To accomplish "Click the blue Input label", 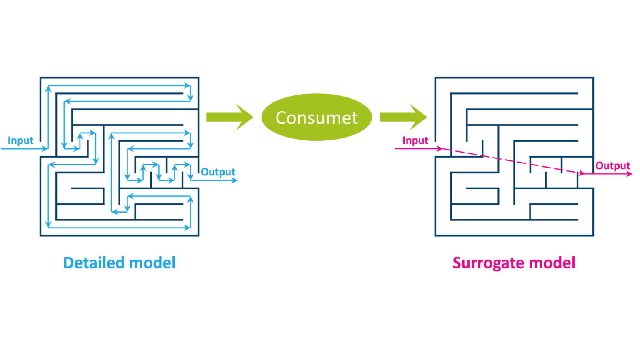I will (x=20, y=140).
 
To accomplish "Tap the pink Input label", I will (x=415, y=140).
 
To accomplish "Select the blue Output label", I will (x=218, y=172).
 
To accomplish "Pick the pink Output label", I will (x=612, y=165).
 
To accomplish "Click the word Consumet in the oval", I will (x=317, y=118).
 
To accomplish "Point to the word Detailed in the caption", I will (x=94, y=263).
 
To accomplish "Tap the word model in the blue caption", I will (x=152, y=263).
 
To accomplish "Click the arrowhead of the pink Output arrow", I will (x=629, y=174).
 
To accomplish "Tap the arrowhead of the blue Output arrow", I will (x=235, y=180).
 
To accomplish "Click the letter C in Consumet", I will (x=281, y=118).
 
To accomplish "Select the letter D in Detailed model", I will (x=68, y=263).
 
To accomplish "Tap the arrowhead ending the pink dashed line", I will (x=581, y=173).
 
